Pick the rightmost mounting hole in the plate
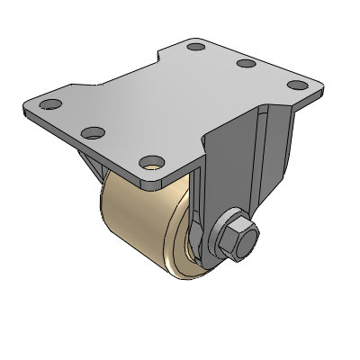pyautogui.click(x=294, y=85)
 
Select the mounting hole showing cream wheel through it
pyautogui.click(x=149, y=165)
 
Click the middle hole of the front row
pyautogui.click(x=90, y=133)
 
